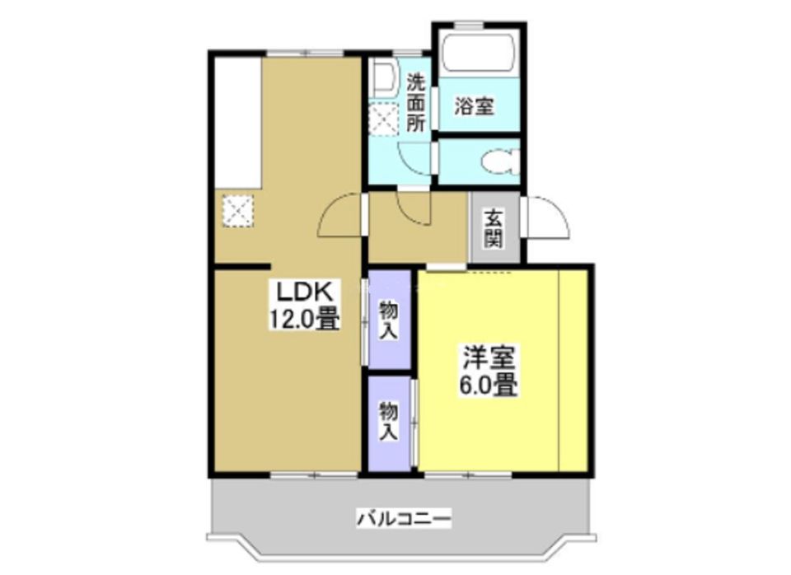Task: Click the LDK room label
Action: tap(302, 292)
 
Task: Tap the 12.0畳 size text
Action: tap(302, 318)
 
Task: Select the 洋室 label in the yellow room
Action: tap(489, 358)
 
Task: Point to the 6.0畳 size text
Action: tap(489, 385)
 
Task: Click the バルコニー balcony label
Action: tap(404, 519)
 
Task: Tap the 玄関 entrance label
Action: tap(494, 228)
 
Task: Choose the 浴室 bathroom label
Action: tap(475, 106)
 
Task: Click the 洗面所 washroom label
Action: tap(417, 103)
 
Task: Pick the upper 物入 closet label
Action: tap(389, 320)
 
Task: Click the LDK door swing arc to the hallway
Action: tap(339, 216)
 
